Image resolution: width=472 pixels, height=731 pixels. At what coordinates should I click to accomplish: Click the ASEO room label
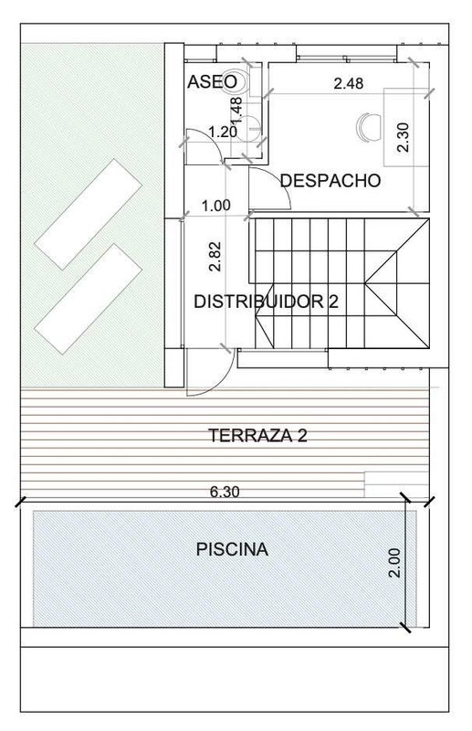[x=212, y=81]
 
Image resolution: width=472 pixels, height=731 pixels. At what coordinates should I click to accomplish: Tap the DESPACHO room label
[x=330, y=180]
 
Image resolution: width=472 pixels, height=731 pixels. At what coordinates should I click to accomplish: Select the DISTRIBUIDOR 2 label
[x=266, y=302]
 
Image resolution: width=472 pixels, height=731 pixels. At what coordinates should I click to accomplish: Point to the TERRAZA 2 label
[x=257, y=436]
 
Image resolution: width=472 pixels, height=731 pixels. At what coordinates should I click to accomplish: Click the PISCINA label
[x=232, y=549]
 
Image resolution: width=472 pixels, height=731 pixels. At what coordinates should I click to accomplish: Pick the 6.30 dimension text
[x=225, y=492]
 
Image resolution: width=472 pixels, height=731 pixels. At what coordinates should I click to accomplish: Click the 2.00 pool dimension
[x=394, y=563]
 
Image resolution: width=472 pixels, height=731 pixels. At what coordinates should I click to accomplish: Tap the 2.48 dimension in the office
[x=349, y=83]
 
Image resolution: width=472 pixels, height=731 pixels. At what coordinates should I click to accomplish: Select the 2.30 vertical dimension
[x=403, y=137]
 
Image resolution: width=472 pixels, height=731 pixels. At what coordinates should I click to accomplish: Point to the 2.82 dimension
[x=215, y=257]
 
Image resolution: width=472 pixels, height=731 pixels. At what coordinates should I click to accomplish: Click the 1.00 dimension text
[x=215, y=206]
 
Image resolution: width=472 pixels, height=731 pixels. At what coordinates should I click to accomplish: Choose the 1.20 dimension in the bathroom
[x=223, y=132]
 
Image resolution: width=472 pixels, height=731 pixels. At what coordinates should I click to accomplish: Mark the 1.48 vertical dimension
[x=236, y=110]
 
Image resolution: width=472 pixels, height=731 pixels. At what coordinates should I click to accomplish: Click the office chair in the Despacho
[x=369, y=126]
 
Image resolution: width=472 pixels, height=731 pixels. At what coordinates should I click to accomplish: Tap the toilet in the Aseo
[x=241, y=81]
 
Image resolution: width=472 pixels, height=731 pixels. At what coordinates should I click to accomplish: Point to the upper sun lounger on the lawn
[x=88, y=214]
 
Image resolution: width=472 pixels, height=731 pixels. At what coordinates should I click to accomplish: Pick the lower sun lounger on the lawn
[x=88, y=299]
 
